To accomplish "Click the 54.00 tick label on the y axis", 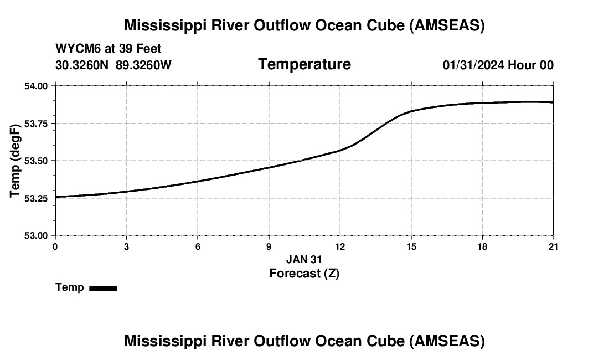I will click(x=37, y=86).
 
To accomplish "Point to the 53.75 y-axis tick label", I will click(x=37, y=124).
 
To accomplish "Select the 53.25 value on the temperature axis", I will click(x=37, y=198).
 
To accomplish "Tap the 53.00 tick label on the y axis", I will click(x=37, y=235).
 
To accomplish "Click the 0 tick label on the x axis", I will click(x=55, y=246).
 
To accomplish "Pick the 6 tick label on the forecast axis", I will click(x=198, y=246).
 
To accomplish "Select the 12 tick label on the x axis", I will click(x=340, y=246).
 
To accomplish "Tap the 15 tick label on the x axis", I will click(x=411, y=246).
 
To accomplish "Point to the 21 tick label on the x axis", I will click(x=554, y=246).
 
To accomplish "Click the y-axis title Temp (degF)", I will click(x=16, y=161).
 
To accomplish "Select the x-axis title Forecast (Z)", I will click(x=304, y=273).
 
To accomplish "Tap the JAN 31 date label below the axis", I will click(x=304, y=259).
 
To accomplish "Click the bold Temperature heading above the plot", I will click(x=304, y=64).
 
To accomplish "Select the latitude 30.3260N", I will click(x=83, y=65).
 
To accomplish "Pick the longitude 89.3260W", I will click(x=143, y=65).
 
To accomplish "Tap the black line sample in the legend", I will click(x=103, y=288).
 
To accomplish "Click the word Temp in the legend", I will click(x=70, y=287).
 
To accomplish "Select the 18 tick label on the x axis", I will click(x=483, y=246).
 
